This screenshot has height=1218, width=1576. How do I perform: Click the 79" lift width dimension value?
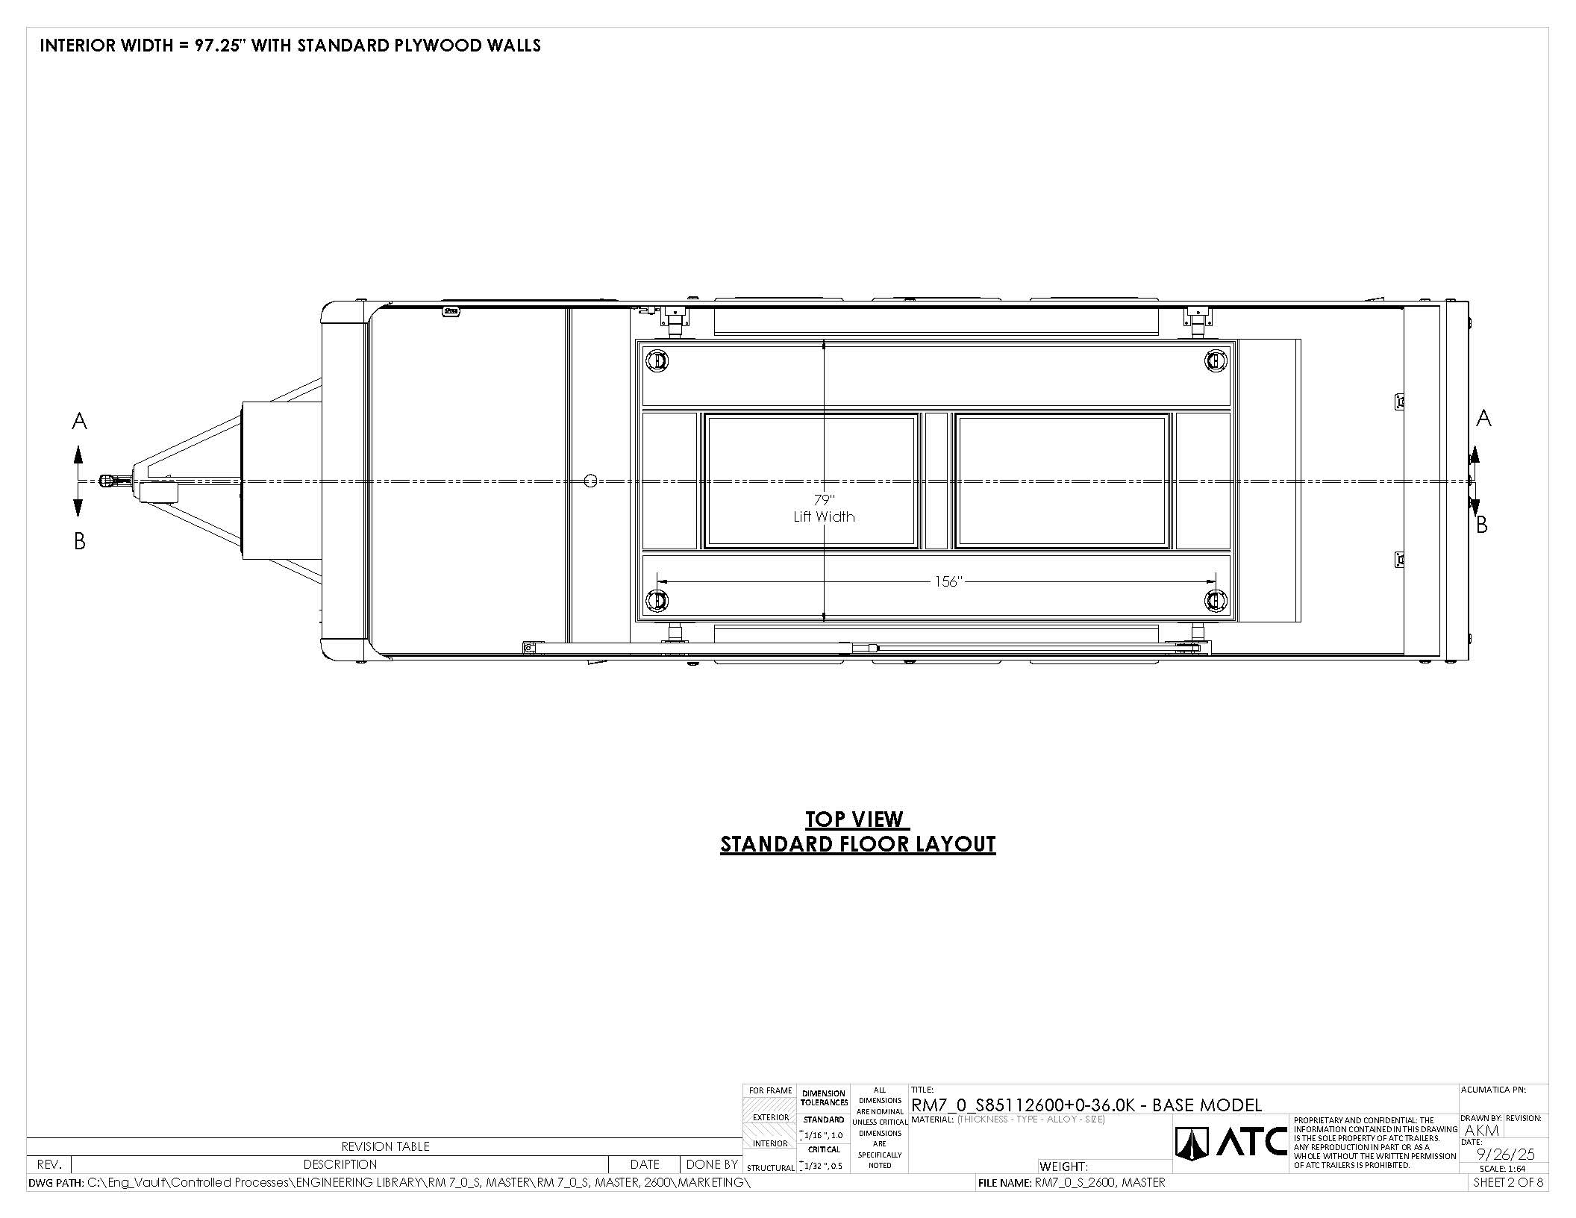tap(824, 500)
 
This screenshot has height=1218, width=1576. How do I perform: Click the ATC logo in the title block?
tap(1231, 1142)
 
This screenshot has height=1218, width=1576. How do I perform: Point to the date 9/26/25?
tap(1506, 1155)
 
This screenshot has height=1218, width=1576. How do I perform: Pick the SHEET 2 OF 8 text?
tap(1508, 1182)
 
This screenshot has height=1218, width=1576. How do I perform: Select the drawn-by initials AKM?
tap(1482, 1130)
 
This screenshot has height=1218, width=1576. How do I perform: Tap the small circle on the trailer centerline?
tap(590, 481)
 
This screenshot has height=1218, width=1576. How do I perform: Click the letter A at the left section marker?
tap(79, 422)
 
